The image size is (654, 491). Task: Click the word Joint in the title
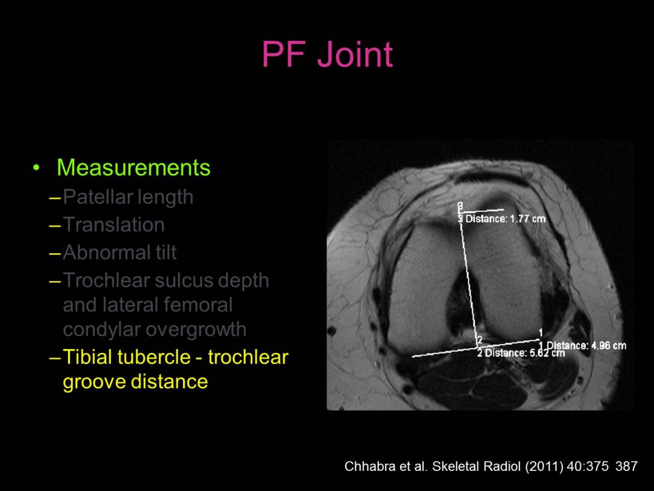(355, 54)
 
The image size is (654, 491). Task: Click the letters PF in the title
(284, 54)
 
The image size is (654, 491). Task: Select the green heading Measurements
(134, 167)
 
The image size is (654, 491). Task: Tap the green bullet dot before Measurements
(36, 167)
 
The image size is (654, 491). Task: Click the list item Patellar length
(128, 197)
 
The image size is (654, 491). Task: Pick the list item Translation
(113, 224)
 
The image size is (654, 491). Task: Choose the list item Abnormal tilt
(120, 252)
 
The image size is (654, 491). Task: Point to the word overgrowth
(196, 330)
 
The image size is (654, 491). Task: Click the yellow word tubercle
(154, 357)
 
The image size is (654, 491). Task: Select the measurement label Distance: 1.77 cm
(505, 219)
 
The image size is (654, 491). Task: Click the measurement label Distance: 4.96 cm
(586, 346)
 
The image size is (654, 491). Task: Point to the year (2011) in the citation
(544, 466)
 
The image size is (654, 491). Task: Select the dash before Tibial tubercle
(55, 357)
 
